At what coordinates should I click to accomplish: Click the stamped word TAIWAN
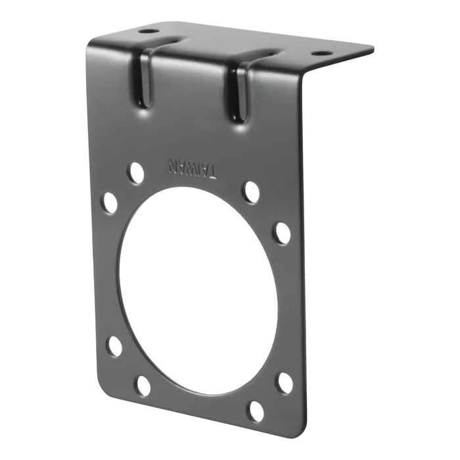[x=193, y=168]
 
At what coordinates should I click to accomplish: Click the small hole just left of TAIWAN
[x=136, y=173]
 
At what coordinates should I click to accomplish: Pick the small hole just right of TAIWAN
[x=250, y=192]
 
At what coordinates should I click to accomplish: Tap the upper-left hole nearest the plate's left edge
[x=109, y=202]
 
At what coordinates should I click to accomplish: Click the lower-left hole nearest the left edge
[x=115, y=346]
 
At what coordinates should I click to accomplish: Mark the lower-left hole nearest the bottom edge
[x=143, y=386]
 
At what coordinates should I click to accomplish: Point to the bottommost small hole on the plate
[x=255, y=411]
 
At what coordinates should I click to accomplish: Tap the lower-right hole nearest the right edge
[x=285, y=383]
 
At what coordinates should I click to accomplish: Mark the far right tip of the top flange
[x=372, y=49]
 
